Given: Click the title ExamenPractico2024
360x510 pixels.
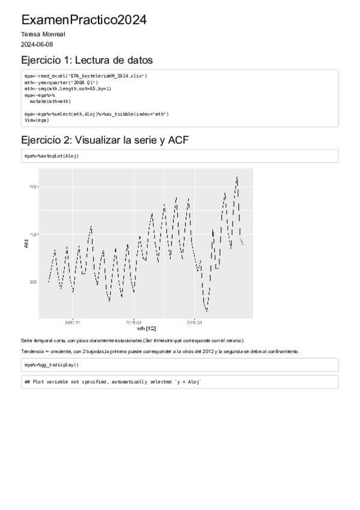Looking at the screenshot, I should (84, 20).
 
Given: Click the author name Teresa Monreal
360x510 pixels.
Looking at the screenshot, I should (43, 34).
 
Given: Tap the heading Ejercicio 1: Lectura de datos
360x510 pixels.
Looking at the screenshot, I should (87, 60).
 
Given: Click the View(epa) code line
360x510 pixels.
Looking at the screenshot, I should (37, 120).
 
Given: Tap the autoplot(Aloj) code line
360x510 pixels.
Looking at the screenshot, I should (52, 156).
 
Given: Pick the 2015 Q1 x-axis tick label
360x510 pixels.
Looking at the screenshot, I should (133, 322).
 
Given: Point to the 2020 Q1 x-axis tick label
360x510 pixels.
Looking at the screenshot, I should (194, 322).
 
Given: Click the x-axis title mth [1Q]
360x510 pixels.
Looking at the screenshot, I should (145, 328).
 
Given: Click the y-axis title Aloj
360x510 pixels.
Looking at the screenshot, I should (26, 244).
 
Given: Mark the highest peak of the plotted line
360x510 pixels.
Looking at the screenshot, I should (237, 177).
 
